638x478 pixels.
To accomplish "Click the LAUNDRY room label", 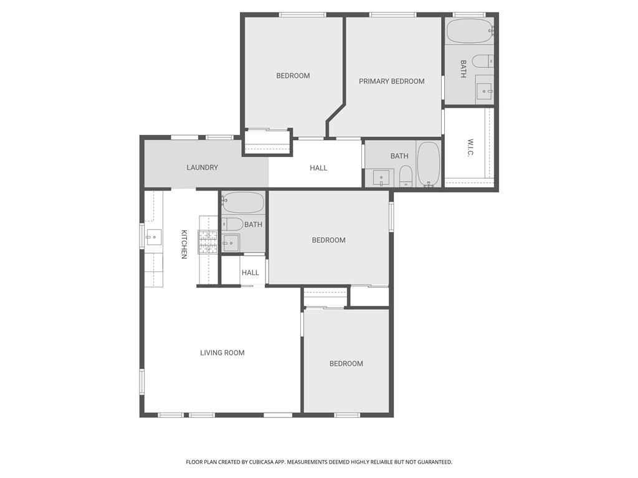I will click(202, 167).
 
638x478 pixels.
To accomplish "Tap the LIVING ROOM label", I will click(222, 353).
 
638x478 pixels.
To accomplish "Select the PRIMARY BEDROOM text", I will click(391, 82).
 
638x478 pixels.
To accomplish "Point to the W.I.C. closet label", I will click(470, 148).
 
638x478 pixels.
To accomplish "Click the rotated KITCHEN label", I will click(184, 244).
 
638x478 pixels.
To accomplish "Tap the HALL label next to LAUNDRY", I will click(318, 168).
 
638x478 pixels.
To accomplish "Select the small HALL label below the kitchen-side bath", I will click(250, 273).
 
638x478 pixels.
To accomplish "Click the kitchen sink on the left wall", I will click(153, 237).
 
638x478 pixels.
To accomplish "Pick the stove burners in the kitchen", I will click(208, 242).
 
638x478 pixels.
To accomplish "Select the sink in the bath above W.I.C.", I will click(483, 91).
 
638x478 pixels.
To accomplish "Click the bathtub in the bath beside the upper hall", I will click(428, 164).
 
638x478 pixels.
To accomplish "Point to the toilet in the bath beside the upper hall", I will click(406, 176).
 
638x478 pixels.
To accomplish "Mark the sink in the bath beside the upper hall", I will click(381, 178).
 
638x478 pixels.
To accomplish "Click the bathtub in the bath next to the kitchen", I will click(243, 202).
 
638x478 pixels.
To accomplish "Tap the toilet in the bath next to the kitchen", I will click(233, 224).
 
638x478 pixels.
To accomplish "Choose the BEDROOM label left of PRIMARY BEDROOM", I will click(293, 76).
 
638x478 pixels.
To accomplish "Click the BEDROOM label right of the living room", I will click(346, 364).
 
